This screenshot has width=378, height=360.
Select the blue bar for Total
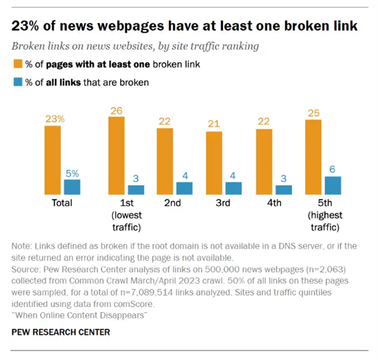pyautogui.click(x=72, y=187)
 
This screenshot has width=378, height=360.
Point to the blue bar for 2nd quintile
pyautogui.click(x=185, y=188)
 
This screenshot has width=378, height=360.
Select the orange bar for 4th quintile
pyautogui.click(x=264, y=162)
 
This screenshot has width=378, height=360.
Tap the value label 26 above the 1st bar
pyautogui.click(x=117, y=110)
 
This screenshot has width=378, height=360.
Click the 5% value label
pyautogui.click(x=72, y=172)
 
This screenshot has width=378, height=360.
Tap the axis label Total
pyautogui.click(x=62, y=203)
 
